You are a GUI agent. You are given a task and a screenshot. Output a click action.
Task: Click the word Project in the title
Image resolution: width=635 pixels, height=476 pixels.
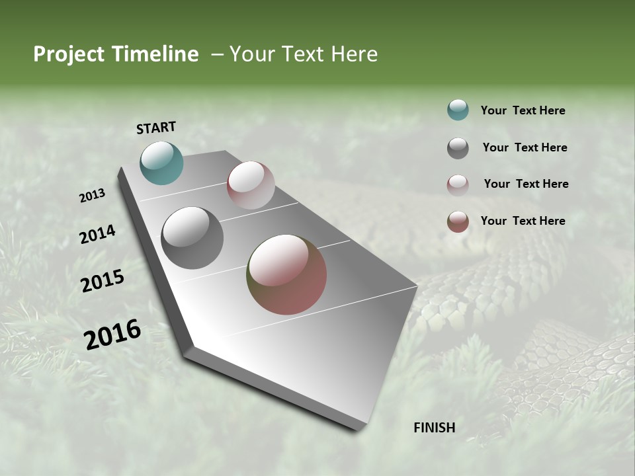pos(67,54)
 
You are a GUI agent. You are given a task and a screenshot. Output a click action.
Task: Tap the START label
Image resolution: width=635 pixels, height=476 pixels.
pos(156,128)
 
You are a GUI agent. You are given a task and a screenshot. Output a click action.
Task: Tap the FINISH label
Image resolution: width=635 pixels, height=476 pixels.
pos(434,428)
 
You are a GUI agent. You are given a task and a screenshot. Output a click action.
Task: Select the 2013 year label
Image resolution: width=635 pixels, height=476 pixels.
pos(93,195)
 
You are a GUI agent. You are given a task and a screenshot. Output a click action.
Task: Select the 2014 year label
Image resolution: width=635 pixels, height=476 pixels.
pos(98,234)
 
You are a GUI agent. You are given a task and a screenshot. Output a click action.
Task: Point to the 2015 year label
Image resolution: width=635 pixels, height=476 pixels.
pos(103,281)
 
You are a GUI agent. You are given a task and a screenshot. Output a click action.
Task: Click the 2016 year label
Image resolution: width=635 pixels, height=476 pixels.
pos(112,335)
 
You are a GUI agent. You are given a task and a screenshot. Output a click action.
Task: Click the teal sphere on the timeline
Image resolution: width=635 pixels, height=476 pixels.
pos(161,163)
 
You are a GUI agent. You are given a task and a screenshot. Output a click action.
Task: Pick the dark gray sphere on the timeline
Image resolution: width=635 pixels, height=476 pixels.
pos(192,238)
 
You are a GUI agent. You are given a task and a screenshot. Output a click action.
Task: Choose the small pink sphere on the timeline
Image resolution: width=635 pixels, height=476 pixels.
pos(251,185)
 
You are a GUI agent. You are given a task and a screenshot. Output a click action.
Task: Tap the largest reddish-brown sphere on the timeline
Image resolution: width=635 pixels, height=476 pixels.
pos(286,274)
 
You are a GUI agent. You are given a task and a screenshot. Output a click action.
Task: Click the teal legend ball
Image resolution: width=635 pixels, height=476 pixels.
pos(458,110)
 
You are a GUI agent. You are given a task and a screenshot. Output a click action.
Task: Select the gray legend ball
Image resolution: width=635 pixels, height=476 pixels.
pos(458,148)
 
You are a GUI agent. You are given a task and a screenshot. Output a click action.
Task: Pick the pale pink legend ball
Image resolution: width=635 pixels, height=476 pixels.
pos(458,184)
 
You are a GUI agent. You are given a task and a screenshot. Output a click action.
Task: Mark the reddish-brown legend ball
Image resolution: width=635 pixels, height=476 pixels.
pos(458,221)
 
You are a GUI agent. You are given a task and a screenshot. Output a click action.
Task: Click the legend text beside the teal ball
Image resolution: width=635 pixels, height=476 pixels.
pos(523,110)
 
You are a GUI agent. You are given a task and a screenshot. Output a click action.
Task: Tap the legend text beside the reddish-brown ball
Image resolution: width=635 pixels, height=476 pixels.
pos(523,221)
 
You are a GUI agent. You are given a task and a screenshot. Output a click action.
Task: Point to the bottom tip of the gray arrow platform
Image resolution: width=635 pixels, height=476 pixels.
pos(357,428)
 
